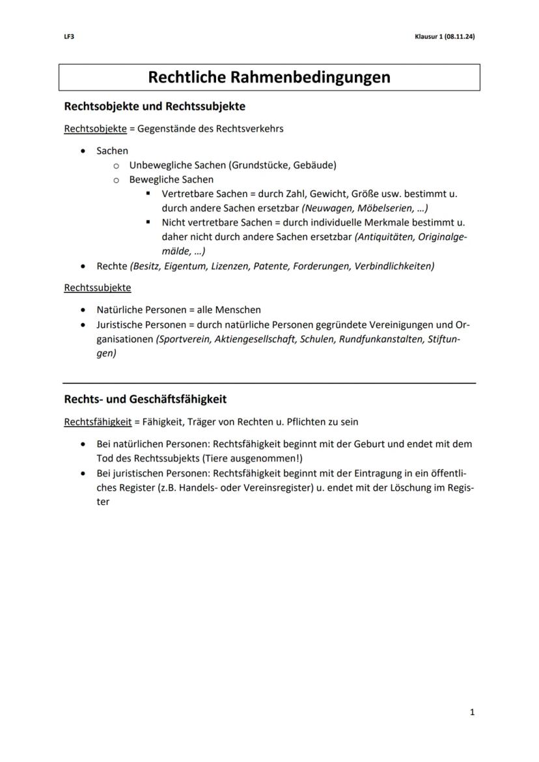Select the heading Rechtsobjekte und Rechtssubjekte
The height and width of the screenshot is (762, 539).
click(154, 105)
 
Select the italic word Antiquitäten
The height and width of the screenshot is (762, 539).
click(386, 237)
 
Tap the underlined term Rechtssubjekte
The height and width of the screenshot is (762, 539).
click(97, 288)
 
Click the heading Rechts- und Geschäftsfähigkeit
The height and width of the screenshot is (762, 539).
click(145, 399)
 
